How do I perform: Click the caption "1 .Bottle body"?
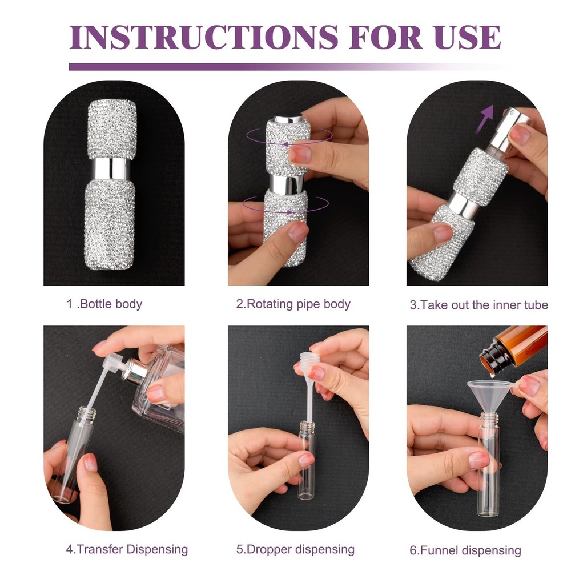(x=104, y=304)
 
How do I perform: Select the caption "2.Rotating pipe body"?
(x=293, y=304)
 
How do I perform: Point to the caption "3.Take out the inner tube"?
(x=479, y=305)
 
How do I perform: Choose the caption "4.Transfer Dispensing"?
(x=127, y=549)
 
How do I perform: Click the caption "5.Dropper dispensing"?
(x=295, y=549)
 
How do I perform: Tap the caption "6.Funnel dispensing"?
(x=465, y=550)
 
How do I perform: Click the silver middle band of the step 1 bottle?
(x=111, y=168)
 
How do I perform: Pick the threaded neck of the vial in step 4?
(x=87, y=414)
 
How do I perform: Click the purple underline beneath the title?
(x=284, y=67)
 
